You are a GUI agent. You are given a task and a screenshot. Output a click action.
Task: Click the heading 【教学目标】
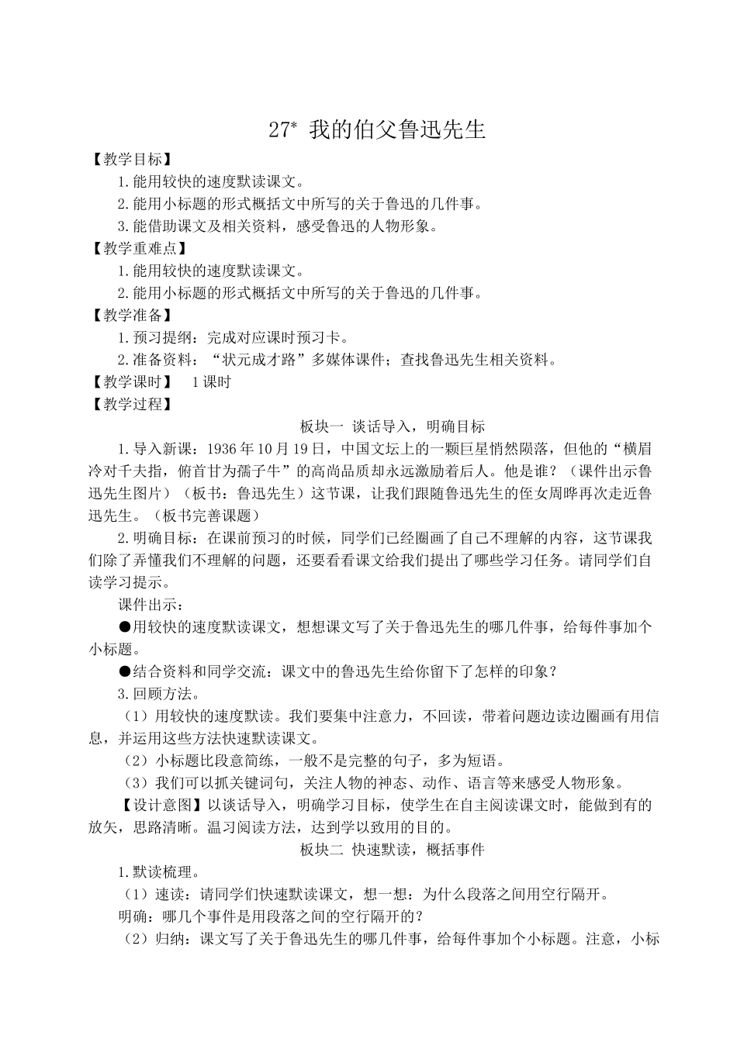pyautogui.click(x=127, y=160)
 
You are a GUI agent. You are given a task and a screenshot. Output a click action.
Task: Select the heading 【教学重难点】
pyautogui.click(x=135, y=248)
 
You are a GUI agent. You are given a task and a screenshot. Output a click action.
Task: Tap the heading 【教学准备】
pyautogui.click(x=127, y=315)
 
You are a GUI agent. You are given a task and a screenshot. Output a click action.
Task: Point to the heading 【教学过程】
pyautogui.click(x=127, y=404)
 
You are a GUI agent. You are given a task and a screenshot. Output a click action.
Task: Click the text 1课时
pyautogui.click(x=210, y=381)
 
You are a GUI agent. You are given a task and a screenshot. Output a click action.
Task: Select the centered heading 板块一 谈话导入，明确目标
pyautogui.click(x=392, y=426)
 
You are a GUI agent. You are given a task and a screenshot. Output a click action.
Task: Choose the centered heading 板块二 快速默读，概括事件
pyautogui.click(x=392, y=849)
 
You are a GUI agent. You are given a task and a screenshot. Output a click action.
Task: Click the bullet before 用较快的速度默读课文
pyautogui.click(x=124, y=626)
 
